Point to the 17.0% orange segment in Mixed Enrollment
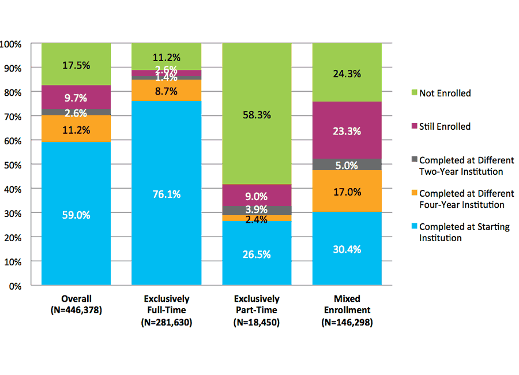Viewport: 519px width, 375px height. [347, 192]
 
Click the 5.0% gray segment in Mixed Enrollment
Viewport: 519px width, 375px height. [347, 165]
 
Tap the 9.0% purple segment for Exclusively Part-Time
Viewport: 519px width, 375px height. [257, 195]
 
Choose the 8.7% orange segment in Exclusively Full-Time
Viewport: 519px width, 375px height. [166, 90]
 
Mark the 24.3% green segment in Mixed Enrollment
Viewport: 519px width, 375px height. [347, 73]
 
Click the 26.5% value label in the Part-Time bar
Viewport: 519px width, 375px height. [257, 254]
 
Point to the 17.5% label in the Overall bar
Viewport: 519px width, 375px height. [76, 65]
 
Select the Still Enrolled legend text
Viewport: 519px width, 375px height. [445, 126]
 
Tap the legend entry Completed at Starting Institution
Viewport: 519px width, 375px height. [464, 232]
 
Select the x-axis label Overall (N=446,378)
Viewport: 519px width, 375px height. [76, 304]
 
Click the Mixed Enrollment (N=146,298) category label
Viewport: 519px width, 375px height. [347, 310]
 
